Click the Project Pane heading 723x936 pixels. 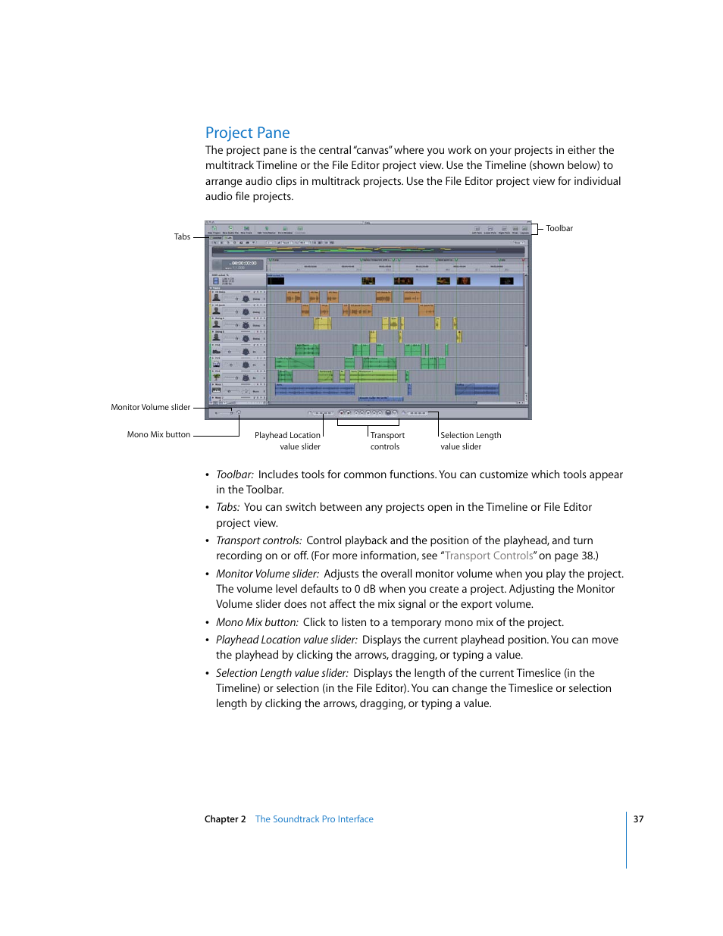click(x=247, y=133)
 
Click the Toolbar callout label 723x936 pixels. click(x=559, y=228)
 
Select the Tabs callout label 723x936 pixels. click(x=182, y=236)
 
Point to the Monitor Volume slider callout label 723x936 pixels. click(x=150, y=407)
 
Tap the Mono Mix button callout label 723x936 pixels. click(x=158, y=434)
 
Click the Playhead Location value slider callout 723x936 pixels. click(x=288, y=440)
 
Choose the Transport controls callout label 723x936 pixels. click(x=387, y=440)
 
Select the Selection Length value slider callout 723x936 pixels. click(x=470, y=440)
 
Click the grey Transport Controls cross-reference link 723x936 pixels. click(x=489, y=556)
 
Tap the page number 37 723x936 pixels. click(x=638, y=819)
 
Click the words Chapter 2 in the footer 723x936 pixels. click(x=225, y=819)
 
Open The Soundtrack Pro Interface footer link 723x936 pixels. click(x=314, y=819)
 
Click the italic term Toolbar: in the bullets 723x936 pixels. click(x=235, y=474)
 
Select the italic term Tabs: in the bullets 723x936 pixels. click(x=228, y=507)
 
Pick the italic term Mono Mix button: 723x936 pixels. click(x=257, y=622)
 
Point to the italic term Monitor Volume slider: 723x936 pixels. click(x=268, y=574)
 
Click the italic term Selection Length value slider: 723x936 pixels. click(x=282, y=673)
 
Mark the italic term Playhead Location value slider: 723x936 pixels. click(x=286, y=640)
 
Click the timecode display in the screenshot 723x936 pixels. click(x=243, y=264)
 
